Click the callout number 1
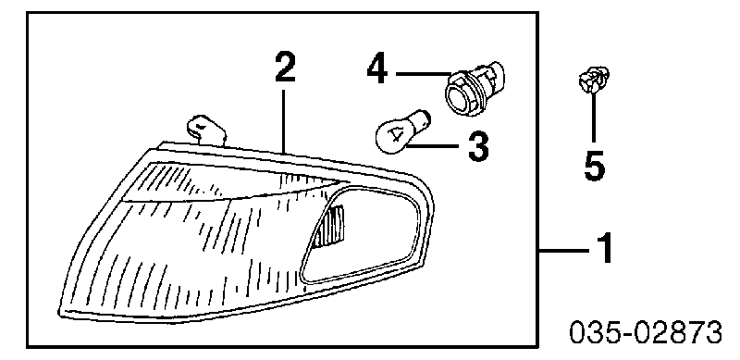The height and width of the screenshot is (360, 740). tap(604, 248)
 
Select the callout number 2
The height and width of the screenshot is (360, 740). tap(285, 68)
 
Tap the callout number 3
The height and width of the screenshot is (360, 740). tap(477, 146)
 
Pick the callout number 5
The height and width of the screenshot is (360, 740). tap(594, 165)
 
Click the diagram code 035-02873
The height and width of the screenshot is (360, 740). tap(646, 332)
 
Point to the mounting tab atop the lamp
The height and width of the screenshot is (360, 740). tap(206, 129)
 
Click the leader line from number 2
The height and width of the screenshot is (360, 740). tap(284, 121)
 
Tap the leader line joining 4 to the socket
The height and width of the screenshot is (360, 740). tap(424, 74)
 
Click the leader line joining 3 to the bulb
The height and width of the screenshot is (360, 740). tap(435, 146)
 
